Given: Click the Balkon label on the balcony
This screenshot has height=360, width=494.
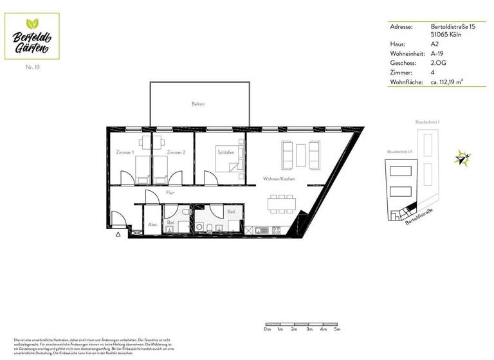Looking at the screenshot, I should point(198,104).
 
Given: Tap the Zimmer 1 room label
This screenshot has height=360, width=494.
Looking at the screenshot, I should point(124,152).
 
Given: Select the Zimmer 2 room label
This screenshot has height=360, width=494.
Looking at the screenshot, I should point(176,152).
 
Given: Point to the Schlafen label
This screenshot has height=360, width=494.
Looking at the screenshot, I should point(226,152).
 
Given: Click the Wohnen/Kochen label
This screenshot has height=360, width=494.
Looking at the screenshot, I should point(279,179).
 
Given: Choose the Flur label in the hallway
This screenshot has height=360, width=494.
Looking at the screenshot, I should point(170,192).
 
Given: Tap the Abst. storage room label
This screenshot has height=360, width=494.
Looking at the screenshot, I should point(153,224).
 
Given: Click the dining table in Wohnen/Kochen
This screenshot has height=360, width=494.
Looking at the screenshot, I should point(282,203).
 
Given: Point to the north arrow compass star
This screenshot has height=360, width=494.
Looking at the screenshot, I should point(460,157).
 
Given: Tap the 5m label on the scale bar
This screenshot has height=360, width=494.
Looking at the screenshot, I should point(337,329).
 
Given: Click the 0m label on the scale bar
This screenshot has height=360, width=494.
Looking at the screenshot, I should point(267,329).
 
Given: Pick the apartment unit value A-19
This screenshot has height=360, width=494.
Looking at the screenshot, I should point(437,54).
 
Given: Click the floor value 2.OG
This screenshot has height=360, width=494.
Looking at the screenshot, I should point(439,64).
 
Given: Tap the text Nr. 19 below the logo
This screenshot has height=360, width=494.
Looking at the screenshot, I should point(33,67).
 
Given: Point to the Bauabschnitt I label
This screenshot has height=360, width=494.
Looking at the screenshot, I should point(426,122).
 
